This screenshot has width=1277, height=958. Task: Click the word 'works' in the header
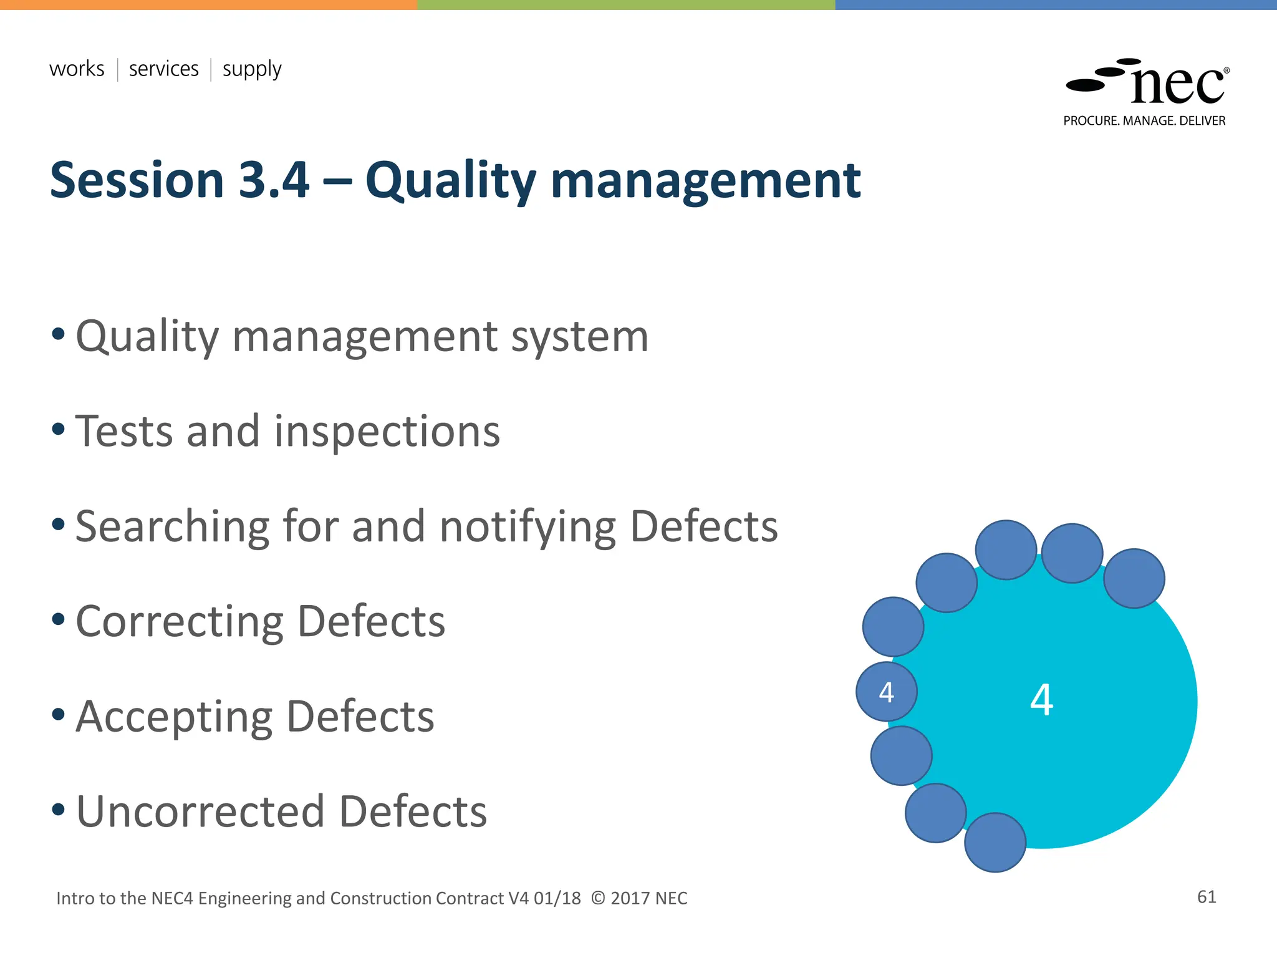(x=77, y=69)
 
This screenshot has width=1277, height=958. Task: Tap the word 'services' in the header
(x=163, y=69)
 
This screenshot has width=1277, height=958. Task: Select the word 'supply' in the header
(x=252, y=70)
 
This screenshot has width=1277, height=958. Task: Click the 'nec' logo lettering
(x=1177, y=86)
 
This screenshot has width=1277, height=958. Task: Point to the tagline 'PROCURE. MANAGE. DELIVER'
(x=1144, y=121)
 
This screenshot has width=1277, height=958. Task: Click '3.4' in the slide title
(x=274, y=180)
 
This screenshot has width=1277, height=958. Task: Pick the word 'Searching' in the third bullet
(x=172, y=528)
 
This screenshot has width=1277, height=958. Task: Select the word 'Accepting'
(x=174, y=718)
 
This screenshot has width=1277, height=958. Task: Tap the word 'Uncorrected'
(x=200, y=812)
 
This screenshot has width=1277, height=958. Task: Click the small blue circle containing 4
(x=886, y=692)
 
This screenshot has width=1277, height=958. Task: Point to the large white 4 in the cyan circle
(x=1041, y=700)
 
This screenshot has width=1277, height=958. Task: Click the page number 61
(x=1207, y=897)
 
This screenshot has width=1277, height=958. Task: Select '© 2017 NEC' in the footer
(x=639, y=898)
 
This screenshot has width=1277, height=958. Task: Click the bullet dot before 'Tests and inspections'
(x=59, y=429)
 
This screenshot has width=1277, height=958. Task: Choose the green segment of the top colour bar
(x=626, y=4)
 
